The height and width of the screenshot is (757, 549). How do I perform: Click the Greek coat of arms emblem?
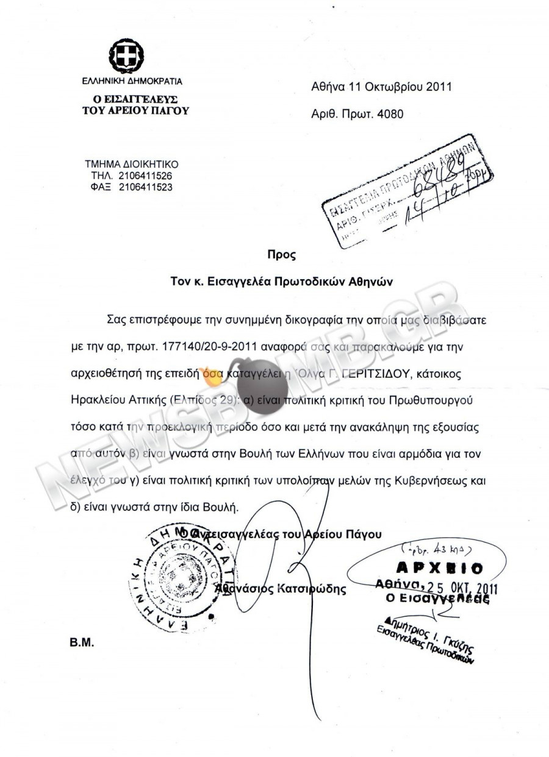(126, 55)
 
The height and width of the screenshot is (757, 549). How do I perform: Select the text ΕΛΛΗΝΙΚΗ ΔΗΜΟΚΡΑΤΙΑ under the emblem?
(132, 81)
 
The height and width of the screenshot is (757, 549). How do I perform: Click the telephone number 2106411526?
(145, 176)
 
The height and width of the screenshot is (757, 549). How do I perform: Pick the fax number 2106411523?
(145, 187)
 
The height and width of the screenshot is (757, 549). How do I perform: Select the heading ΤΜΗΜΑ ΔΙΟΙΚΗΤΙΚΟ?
(131, 165)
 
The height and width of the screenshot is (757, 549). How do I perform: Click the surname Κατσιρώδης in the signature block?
(311, 589)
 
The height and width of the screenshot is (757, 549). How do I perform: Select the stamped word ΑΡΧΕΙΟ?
(439, 568)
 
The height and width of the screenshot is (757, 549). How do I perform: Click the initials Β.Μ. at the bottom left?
(81, 642)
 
